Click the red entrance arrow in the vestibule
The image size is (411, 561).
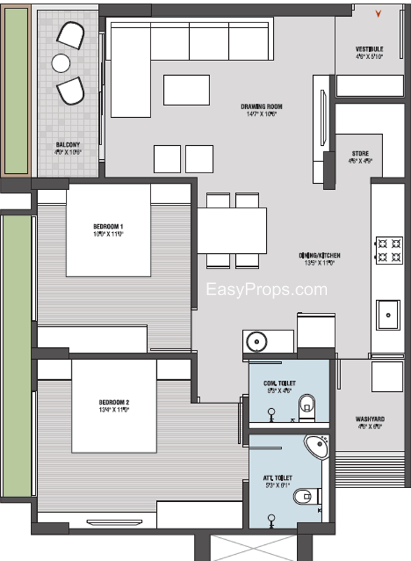379,13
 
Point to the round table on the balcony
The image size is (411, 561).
61,63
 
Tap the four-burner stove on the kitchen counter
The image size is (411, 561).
389,251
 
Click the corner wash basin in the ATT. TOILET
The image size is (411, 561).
317,446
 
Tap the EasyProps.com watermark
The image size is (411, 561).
266,289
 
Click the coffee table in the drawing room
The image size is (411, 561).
186,90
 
